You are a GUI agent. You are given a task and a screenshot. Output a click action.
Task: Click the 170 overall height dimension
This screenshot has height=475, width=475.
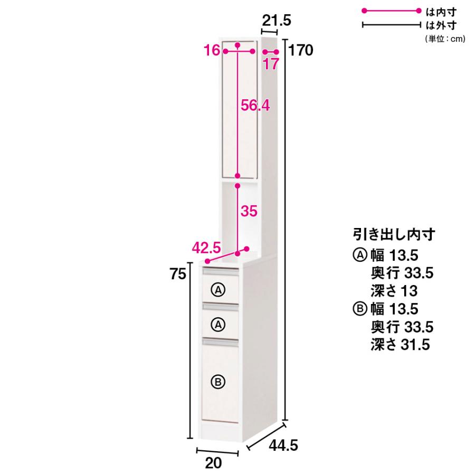(300, 50)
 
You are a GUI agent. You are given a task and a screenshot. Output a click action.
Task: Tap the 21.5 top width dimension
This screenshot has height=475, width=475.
(276, 21)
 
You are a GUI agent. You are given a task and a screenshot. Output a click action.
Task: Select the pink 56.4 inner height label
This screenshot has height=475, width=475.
(255, 106)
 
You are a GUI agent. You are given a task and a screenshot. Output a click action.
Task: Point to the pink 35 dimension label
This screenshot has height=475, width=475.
(249, 211)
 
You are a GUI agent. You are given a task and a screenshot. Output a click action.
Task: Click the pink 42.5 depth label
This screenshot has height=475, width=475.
(206, 248)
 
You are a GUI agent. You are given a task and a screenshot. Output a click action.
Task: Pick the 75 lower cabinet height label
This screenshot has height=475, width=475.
(178, 274)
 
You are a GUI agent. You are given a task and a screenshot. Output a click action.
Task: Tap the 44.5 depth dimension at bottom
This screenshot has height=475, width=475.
(283, 445)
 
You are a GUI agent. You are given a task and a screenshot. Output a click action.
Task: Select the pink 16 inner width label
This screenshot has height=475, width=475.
(212, 50)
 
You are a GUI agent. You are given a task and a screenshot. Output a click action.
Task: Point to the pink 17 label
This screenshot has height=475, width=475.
(271, 64)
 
